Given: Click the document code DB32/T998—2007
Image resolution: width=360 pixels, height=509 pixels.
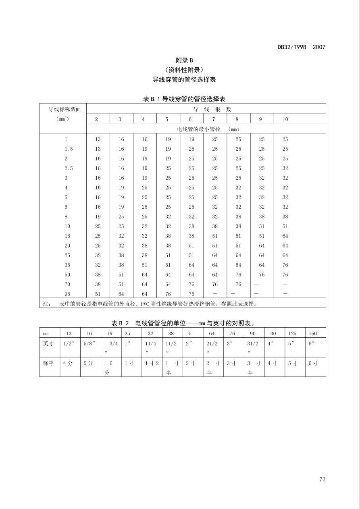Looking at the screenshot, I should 301,47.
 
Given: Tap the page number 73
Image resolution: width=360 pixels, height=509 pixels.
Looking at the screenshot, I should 322,479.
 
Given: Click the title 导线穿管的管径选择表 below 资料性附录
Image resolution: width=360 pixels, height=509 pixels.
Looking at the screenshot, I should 184,80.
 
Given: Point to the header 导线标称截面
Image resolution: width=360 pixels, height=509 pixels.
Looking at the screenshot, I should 65,109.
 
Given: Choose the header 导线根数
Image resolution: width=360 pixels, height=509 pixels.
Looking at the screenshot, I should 212,109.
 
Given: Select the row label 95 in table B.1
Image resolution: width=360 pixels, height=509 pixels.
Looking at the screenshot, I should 67,294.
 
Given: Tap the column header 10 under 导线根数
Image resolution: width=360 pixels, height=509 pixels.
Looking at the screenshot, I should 285,119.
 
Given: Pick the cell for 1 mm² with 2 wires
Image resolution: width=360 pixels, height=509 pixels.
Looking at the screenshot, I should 98,139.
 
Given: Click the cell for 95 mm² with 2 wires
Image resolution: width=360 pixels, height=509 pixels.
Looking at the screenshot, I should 98,294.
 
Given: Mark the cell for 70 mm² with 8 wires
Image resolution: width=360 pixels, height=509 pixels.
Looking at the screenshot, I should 238,285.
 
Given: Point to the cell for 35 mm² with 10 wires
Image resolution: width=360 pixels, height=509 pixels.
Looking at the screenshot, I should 285,265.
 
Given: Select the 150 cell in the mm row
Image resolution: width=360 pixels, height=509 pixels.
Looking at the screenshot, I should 313,334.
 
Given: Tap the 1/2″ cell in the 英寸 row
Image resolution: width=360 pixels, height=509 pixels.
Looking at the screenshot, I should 69,343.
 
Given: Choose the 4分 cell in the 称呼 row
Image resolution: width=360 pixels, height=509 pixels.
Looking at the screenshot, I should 68,363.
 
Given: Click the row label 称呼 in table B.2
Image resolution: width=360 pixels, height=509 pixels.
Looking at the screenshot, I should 48,363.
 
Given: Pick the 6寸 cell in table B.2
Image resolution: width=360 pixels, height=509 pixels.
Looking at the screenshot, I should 313,363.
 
